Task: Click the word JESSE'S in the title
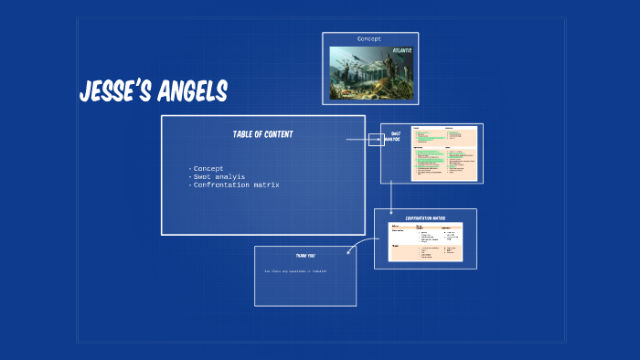(116, 91)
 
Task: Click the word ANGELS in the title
(191, 91)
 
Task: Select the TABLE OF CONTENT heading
(262, 134)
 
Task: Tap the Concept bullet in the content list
(208, 168)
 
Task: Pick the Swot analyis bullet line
(218, 176)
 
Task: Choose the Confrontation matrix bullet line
(235, 185)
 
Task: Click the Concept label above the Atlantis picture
(368, 39)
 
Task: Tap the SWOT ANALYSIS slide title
(396, 136)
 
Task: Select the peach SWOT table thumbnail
(444, 153)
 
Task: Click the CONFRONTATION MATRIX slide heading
(425, 217)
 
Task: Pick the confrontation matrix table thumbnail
(425, 242)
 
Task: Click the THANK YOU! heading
(304, 255)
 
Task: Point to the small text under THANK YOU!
(295, 271)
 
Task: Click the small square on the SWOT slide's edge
(376, 140)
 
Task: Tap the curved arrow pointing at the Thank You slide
(359, 243)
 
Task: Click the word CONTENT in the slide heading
(278, 134)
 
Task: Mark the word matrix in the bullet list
(267, 185)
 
